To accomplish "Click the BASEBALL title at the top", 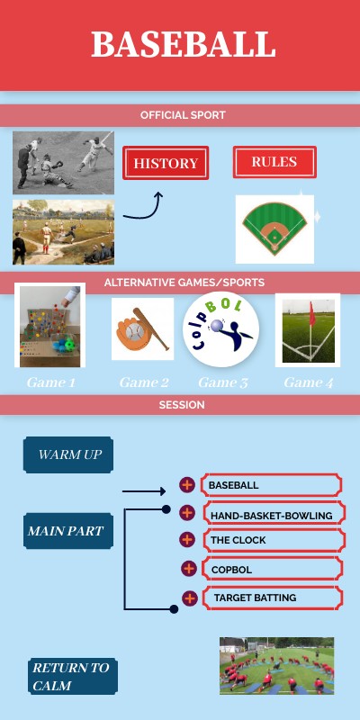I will [183, 44].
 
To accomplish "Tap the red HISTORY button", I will [166, 164].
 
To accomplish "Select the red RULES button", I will [274, 162].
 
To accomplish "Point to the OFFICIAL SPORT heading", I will [183, 115].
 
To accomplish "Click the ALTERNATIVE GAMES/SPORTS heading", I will [184, 283].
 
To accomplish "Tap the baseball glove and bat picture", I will [142, 329].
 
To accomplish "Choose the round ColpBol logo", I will [221, 329].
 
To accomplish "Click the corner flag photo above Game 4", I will [307, 329].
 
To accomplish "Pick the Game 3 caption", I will [222, 382].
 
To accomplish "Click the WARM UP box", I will [68, 454].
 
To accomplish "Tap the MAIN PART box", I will [64, 531].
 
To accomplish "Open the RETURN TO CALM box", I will [72, 677].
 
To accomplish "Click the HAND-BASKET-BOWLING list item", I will [271, 515].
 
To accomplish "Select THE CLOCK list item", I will [271, 541].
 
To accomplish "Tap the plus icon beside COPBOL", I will [188, 569].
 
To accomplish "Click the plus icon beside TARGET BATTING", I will [189, 598].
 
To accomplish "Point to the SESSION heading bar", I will [182, 405].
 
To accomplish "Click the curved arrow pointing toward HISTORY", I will [144, 208].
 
